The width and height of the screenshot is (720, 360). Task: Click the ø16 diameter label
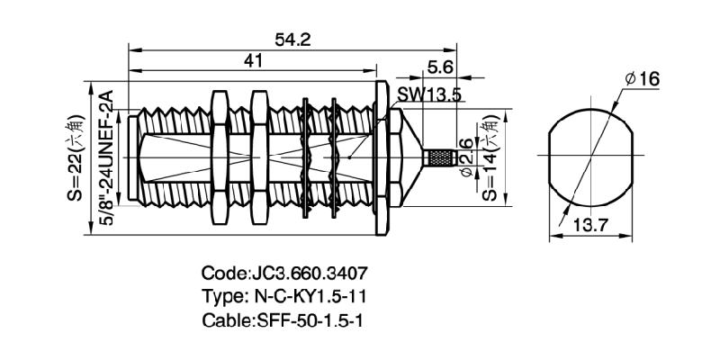pyautogui.click(x=642, y=79)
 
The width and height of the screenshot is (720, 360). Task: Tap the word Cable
pyautogui.click(x=225, y=320)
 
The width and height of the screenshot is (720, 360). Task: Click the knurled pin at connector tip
pyautogui.click(x=436, y=159)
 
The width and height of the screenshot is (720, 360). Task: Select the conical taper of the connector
pyautogui.click(x=406, y=159)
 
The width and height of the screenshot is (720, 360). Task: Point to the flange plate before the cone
pyautogui.click(x=382, y=159)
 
